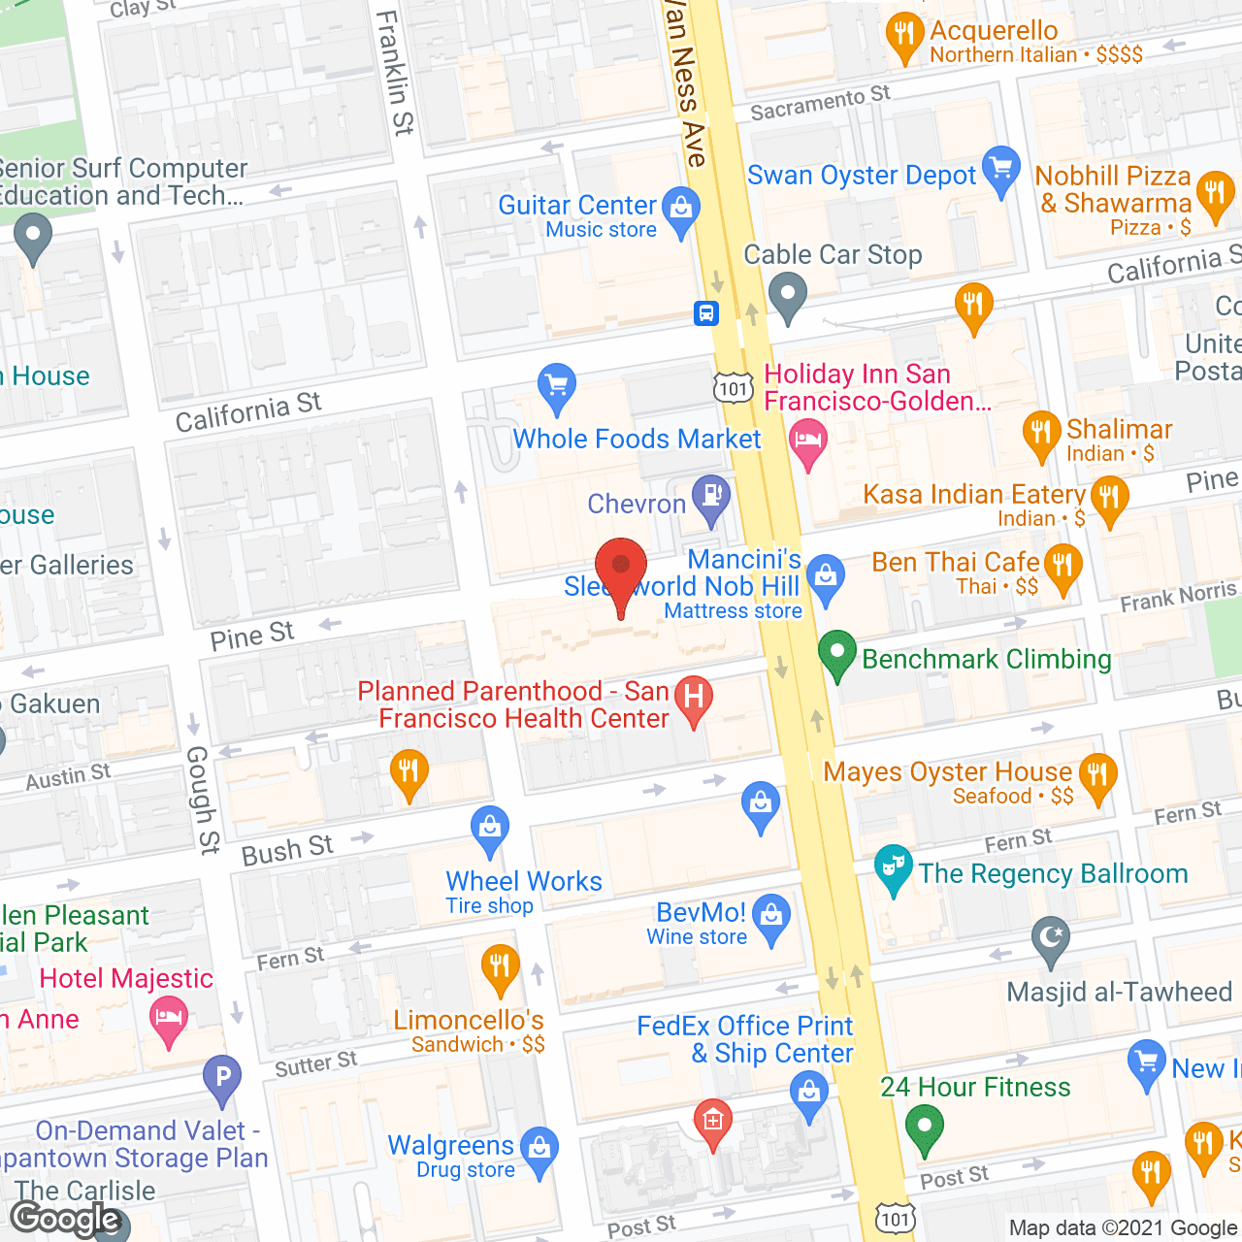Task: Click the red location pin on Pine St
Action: [x=620, y=568]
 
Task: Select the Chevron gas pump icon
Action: [x=711, y=496]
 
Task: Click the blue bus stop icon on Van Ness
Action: [x=705, y=312]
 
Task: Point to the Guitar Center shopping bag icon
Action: [x=680, y=209]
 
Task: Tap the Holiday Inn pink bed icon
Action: [x=807, y=441]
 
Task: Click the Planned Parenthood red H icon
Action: [x=694, y=698]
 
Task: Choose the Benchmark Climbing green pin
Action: [x=836, y=653]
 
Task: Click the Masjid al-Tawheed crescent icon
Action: [x=1050, y=938]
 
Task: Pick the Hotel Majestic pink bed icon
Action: [x=169, y=1020]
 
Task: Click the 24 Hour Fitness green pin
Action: [x=924, y=1128]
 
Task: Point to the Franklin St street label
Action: [x=395, y=73]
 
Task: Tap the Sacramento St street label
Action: [x=820, y=102]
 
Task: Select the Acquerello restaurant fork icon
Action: [x=904, y=35]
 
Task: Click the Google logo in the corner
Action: [x=66, y=1219]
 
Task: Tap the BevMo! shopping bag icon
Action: [x=771, y=916]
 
